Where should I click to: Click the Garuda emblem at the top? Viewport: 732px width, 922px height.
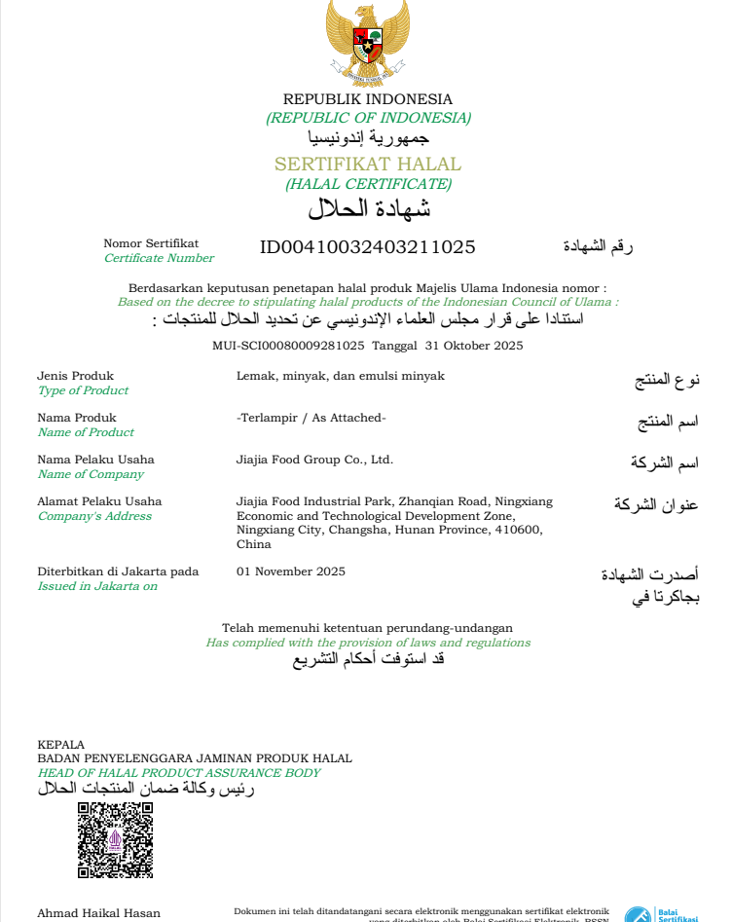[367, 34]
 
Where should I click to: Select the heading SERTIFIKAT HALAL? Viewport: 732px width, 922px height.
[368, 164]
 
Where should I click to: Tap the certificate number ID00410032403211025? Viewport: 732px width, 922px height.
[368, 246]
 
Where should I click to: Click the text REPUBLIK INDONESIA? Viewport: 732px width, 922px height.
[368, 99]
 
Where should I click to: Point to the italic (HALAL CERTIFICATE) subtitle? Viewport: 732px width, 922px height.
[368, 184]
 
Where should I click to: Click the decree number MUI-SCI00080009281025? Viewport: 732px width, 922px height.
[288, 346]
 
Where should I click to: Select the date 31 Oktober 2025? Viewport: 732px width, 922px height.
[474, 346]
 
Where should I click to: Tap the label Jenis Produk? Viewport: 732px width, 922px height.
[75, 376]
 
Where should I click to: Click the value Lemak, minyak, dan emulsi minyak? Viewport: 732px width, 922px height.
[341, 376]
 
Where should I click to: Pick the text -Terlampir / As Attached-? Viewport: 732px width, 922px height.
[311, 418]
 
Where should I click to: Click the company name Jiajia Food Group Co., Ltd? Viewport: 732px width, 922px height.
[314, 460]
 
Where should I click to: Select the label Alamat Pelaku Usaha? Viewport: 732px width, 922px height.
[99, 501]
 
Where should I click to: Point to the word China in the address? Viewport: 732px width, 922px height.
[254, 544]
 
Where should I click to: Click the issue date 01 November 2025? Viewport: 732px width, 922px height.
[291, 572]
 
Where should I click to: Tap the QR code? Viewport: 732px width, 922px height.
[115, 840]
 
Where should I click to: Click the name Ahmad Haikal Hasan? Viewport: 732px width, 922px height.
[98, 913]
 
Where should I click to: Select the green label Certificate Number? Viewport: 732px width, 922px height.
[159, 258]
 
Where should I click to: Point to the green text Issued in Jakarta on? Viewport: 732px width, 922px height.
[97, 586]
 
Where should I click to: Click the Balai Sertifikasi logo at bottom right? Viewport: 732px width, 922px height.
[662, 914]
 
